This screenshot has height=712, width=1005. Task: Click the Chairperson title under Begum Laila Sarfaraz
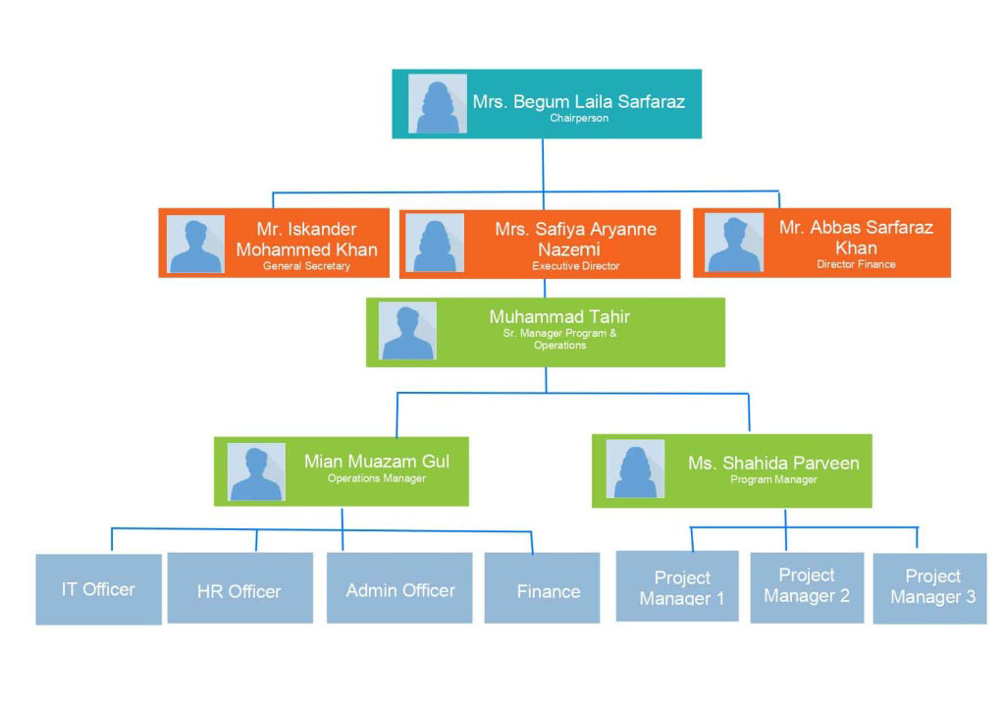tap(579, 119)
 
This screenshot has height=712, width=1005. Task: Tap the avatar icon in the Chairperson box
tap(438, 103)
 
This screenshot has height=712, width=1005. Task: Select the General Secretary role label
tap(306, 266)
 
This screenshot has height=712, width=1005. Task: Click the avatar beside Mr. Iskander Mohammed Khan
tap(195, 244)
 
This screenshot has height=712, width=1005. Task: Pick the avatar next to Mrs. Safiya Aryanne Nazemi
tap(435, 243)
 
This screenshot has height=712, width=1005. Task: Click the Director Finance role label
tap(856, 264)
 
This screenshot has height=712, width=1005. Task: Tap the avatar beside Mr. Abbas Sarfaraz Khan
tap(735, 243)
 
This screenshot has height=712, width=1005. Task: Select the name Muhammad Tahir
tap(559, 316)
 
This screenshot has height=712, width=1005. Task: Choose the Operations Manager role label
tap(377, 478)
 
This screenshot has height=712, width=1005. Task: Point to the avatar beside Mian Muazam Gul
tap(257, 471)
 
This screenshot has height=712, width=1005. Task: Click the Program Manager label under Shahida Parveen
tap(773, 479)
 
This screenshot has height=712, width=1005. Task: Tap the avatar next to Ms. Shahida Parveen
tap(635, 468)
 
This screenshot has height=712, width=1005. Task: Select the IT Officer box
tap(98, 589)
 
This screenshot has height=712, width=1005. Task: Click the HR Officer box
tap(239, 588)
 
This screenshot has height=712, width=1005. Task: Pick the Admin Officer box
tap(399, 588)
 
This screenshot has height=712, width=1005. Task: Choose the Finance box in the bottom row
tap(542, 588)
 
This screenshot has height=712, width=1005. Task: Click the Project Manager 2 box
tap(807, 587)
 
